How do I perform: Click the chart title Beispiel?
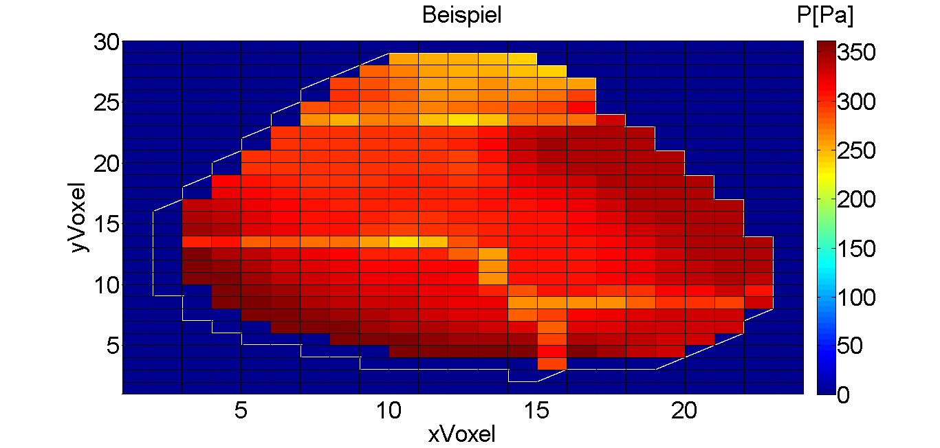click(461, 15)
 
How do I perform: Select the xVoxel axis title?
click(461, 434)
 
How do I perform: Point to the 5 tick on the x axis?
click(241, 410)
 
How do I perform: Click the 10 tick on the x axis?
click(389, 410)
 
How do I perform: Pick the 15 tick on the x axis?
click(537, 410)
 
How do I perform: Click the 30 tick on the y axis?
click(107, 43)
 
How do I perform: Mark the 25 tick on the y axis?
click(107, 103)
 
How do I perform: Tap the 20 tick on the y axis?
click(107, 164)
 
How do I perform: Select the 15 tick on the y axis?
click(107, 224)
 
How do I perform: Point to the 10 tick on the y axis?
click(107, 284)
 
